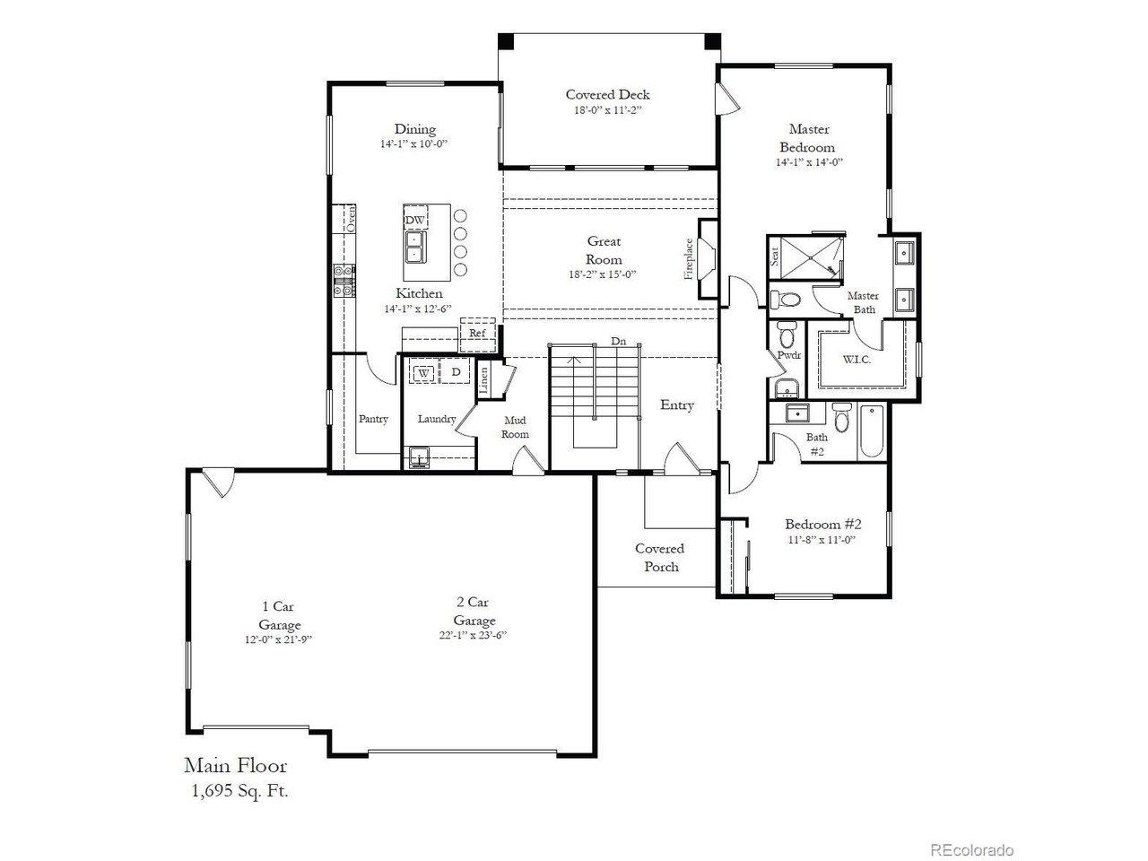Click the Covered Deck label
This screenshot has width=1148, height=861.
click(x=607, y=95)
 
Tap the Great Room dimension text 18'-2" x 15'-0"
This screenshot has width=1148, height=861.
click(x=603, y=274)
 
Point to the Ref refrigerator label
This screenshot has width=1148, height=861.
click(x=477, y=333)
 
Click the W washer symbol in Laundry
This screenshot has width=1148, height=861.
click(x=424, y=373)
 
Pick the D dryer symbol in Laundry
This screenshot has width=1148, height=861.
click(x=456, y=372)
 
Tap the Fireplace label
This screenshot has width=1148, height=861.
click(x=688, y=259)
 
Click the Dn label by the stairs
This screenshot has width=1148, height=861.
click(x=618, y=341)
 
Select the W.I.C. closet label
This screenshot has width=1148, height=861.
click(x=857, y=360)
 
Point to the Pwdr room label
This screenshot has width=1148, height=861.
click(x=788, y=355)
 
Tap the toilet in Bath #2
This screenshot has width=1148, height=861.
click(x=840, y=417)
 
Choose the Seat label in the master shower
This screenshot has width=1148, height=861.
click(x=775, y=257)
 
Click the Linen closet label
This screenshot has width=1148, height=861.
click(x=483, y=380)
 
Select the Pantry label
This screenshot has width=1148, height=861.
click(x=373, y=419)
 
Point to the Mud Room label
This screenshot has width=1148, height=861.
click(x=515, y=427)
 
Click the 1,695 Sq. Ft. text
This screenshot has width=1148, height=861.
click(x=240, y=791)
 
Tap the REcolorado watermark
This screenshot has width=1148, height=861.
click(x=971, y=849)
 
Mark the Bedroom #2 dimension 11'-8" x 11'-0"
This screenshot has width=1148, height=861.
click(x=822, y=540)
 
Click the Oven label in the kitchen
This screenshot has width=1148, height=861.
click(x=352, y=219)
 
